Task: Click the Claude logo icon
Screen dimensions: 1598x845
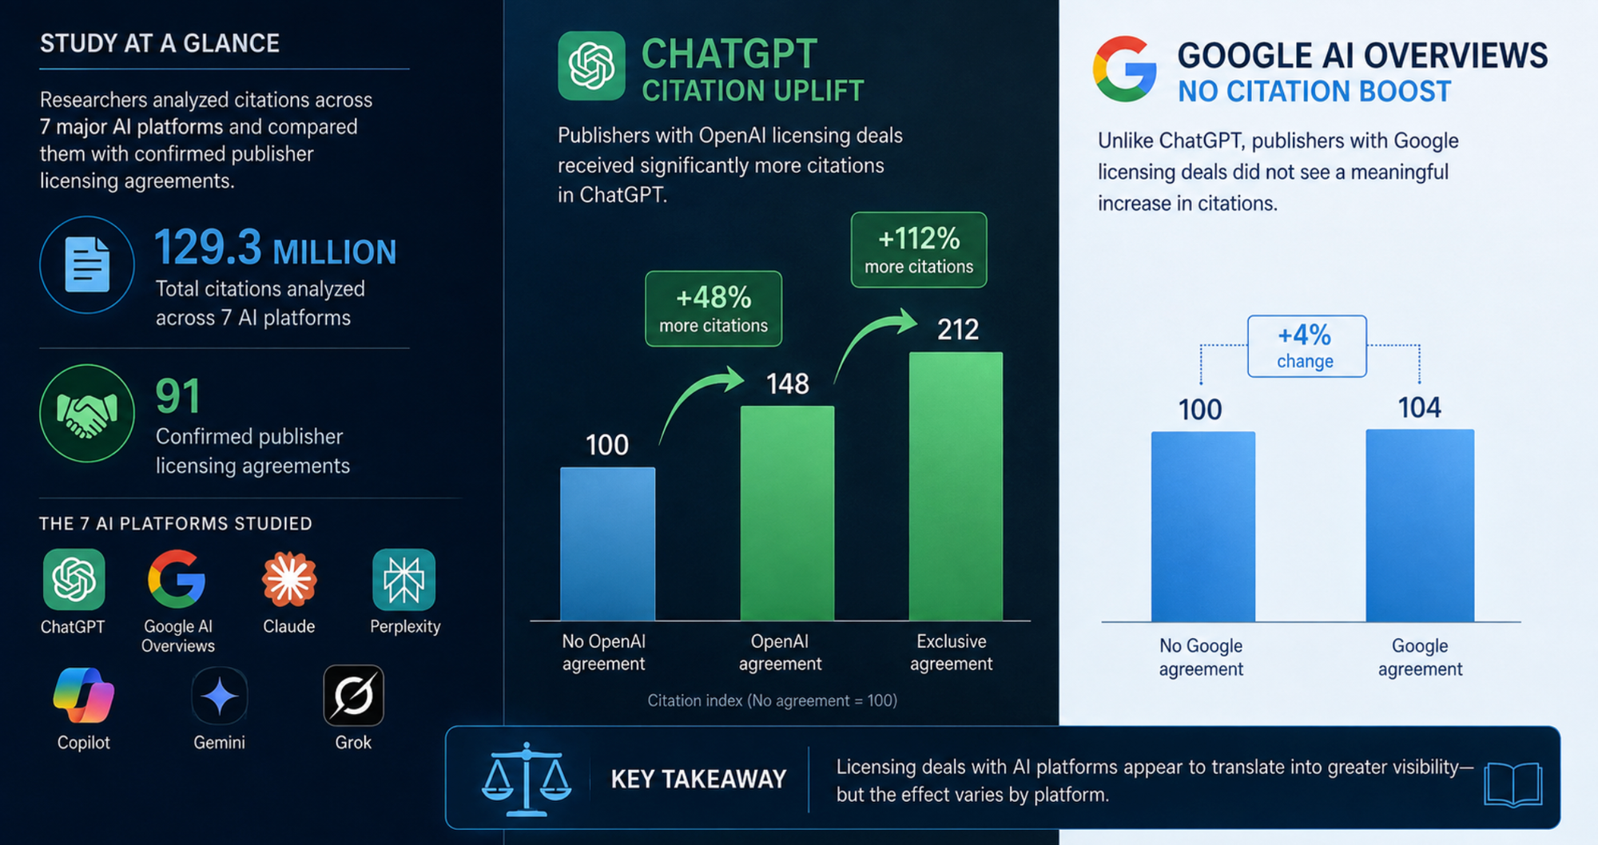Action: (x=289, y=579)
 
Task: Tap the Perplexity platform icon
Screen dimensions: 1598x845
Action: (x=404, y=579)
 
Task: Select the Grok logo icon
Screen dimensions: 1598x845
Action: (x=353, y=696)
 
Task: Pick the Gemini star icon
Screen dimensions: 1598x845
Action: (x=220, y=696)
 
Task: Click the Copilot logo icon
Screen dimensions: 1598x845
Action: (x=84, y=695)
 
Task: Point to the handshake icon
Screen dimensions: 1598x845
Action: (x=87, y=413)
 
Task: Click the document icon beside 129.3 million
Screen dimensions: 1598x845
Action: (x=87, y=264)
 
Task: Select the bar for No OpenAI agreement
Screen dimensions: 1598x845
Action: (x=608, y=544)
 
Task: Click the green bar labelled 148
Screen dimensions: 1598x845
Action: (x=787, y=514)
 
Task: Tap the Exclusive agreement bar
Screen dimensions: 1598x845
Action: (x=956, y=486)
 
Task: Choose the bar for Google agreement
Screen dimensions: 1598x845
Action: (x=1420, y=526)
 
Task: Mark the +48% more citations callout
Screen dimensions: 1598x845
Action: (x=714, y=309)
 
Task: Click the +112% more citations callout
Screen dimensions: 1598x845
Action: (x=919, y=250)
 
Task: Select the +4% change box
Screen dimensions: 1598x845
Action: (x=1307, y=347)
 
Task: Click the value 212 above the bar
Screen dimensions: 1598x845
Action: (x=958, y=330)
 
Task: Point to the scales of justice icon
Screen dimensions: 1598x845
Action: (x=527, y=780)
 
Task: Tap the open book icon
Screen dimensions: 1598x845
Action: (x=1513, y=784)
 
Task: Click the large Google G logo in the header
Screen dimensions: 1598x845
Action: (x=1124, y=69)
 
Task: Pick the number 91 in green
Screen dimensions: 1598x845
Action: (x=178, y=396)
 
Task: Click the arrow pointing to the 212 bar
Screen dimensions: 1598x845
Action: (x=871, y=339)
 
